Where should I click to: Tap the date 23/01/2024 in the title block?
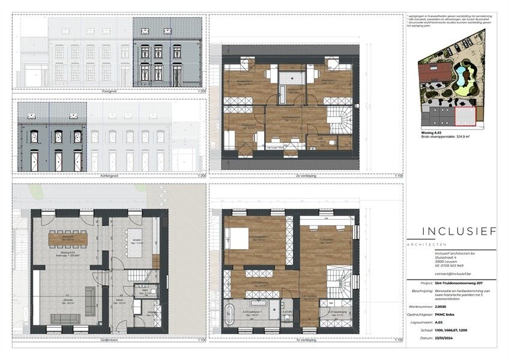click(448, 338)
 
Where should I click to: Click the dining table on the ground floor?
click(67, 238)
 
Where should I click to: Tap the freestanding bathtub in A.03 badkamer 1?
click(232, 313)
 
